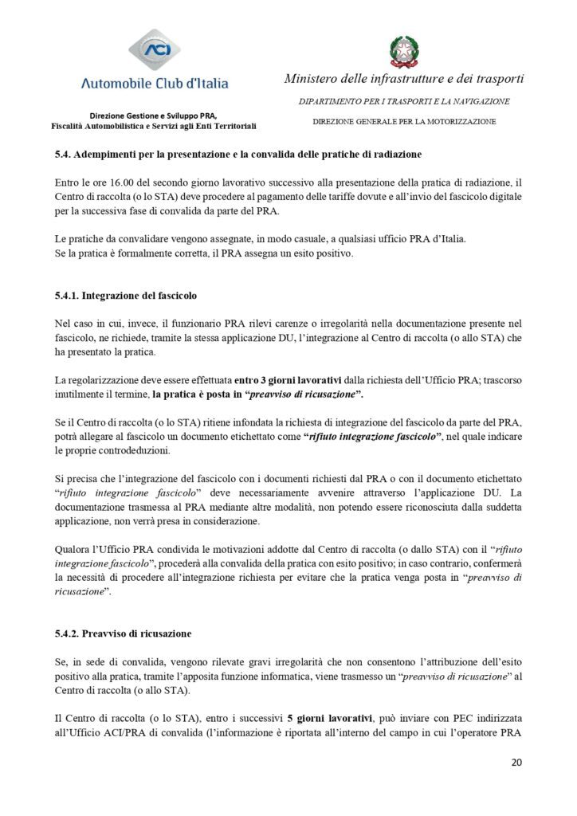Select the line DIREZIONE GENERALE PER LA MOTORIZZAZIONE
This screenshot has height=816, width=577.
tap(404, 122)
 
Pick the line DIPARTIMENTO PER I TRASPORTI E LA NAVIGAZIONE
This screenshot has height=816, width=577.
tap(404, 102)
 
